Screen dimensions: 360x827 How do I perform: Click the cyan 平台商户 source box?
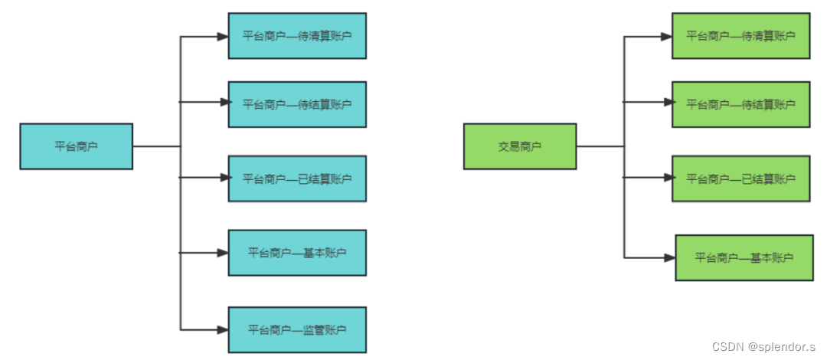pos(76,146)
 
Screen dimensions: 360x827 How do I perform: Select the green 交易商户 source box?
pos(520,146)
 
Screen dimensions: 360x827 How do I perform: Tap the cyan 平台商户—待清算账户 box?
pos(297,36)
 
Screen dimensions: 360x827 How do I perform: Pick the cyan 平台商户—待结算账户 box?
pos(297,104)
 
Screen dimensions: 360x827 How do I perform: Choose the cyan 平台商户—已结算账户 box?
pos(297,178)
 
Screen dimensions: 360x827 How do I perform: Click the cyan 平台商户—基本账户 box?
pos(297,253)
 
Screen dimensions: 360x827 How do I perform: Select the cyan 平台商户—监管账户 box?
pos(297,330)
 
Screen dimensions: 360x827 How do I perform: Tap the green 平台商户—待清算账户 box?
pos(740,36)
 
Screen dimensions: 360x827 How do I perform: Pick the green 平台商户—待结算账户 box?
pos(740,104)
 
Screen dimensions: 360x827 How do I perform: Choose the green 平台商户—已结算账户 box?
pos(740,178)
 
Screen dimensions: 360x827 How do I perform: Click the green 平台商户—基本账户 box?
pos(744,257)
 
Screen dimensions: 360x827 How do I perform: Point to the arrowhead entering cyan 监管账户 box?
pos(224,330)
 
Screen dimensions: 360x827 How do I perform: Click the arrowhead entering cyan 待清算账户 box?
pos(224,36)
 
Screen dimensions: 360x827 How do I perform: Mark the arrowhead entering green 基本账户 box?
pos(671,257)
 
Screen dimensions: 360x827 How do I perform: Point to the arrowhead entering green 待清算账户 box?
pos(668,36)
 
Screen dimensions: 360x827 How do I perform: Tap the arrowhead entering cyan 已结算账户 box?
pos(224,178)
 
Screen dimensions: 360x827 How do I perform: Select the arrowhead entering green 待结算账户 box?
pos(668,102)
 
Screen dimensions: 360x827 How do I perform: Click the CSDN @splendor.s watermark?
pos(766,346)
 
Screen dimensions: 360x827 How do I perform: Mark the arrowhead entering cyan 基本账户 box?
pos(224,252)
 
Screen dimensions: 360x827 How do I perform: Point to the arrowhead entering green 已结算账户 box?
pos(668,178)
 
